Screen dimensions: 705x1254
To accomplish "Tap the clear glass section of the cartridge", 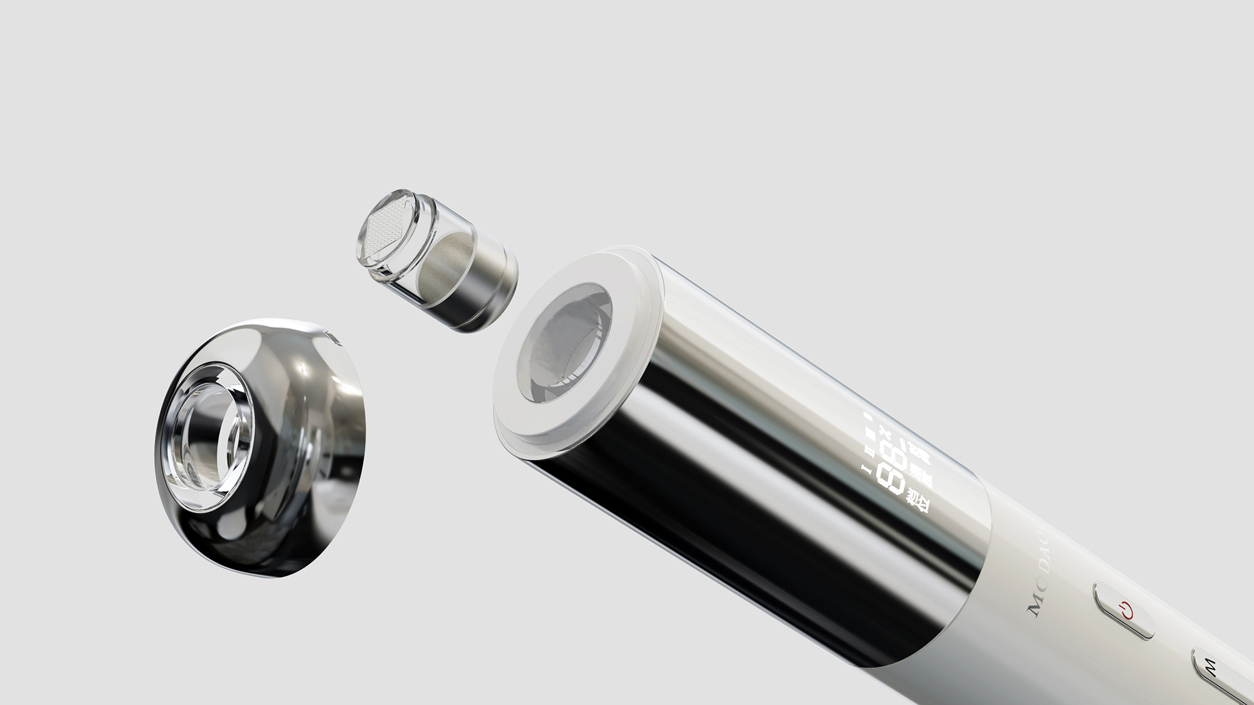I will tap(433, 251).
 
